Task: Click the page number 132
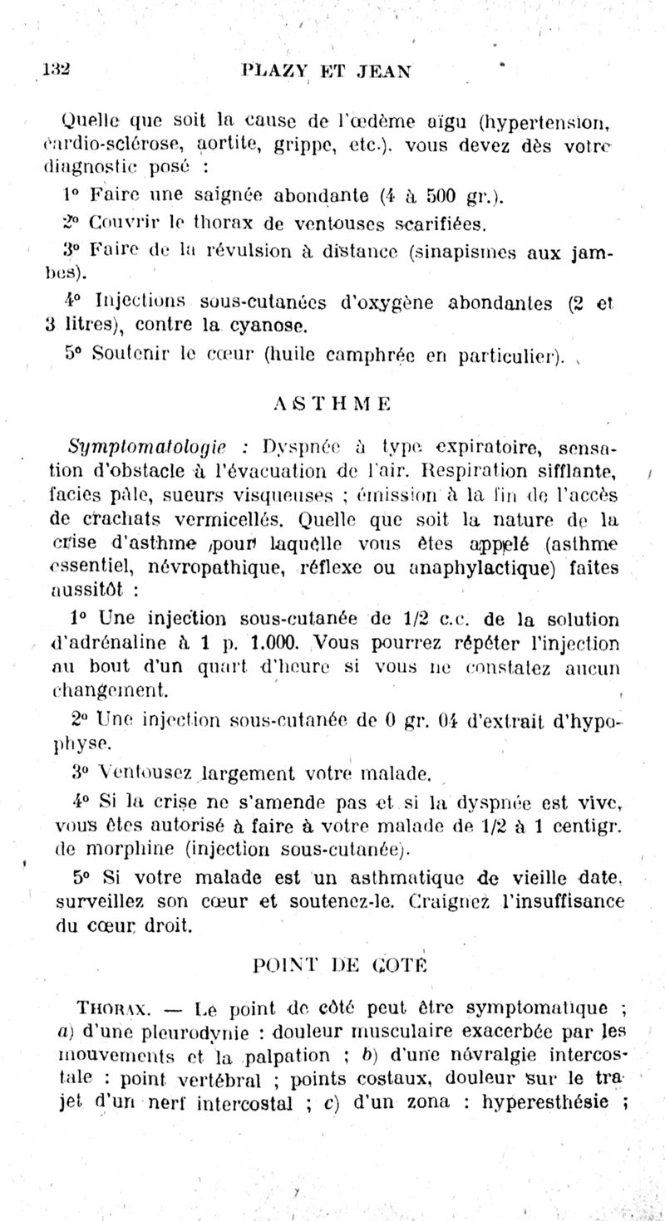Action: tap(57, 71)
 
